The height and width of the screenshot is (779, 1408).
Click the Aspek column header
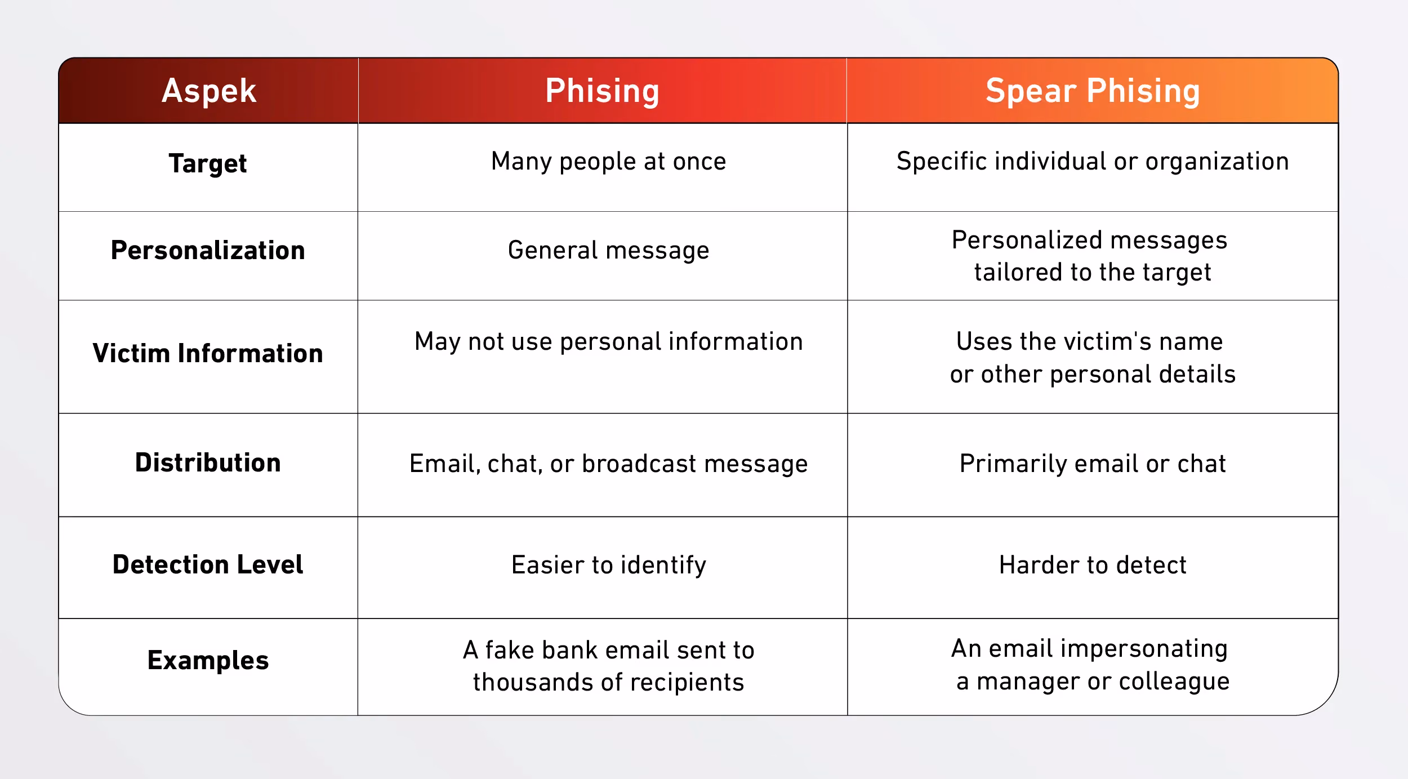[209, 91]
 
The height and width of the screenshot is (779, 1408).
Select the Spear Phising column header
[1093, 91]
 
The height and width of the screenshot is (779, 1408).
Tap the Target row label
[208, 164]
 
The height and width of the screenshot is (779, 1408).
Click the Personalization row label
[208, 250]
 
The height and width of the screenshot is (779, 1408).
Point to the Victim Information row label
[208, 353]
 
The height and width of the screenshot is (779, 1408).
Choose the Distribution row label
[208, 462]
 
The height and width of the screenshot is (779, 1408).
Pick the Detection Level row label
[208, 564]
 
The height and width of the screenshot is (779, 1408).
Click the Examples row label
[208, 661]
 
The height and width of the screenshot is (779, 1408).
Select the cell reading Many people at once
[608, 162]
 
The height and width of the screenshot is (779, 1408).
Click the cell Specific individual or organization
[1093, 162]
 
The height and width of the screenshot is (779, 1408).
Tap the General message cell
[608, 251]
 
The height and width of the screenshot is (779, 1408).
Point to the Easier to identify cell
[608, 565]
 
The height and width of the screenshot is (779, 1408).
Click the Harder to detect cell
[1093, 565]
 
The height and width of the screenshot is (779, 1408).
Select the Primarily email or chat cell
[1093, 464]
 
